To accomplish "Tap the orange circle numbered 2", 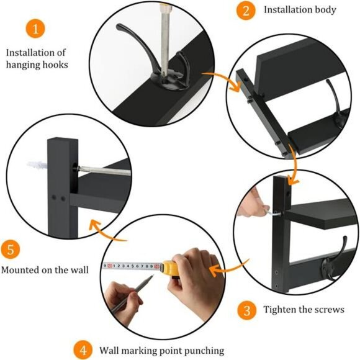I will pos(246,10).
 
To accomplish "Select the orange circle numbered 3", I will pos(246,308).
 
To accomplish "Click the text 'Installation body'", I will pos(300,10).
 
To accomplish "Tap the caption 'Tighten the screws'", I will pos(304,309).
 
